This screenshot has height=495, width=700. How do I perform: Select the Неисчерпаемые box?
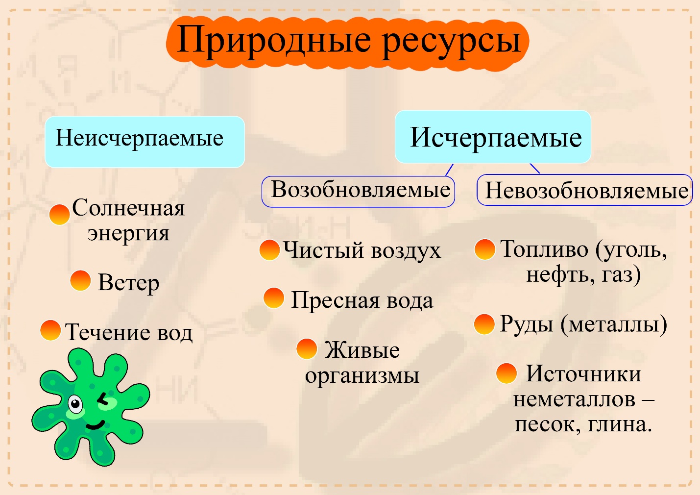[x=145, y=142]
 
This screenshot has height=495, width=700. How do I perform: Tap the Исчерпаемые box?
[x=493, y=137]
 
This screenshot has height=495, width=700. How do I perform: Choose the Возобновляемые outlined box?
[x=358, y=191]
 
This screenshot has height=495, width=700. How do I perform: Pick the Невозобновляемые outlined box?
[x=585, y=190]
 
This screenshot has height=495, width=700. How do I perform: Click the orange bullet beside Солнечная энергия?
[x=59, y=214]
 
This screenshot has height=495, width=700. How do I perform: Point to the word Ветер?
[x=128, y=283]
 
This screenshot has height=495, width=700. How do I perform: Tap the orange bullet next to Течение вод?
[x=50, y=330]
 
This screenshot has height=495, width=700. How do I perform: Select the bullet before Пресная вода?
[x=274, y=298]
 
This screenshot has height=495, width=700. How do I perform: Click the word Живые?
[x=362, y=350]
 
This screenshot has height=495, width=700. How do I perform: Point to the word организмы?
[x=362, y=376]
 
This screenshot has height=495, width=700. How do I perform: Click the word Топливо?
[x=544, y=249]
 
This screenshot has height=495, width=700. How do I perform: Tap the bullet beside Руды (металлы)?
[x=484, y=324]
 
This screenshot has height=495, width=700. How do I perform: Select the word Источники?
[x=583, y=374]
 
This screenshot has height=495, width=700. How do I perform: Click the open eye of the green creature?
[x=75, y=405]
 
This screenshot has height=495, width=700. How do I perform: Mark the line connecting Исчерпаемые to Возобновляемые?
[x=449, y=170]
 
